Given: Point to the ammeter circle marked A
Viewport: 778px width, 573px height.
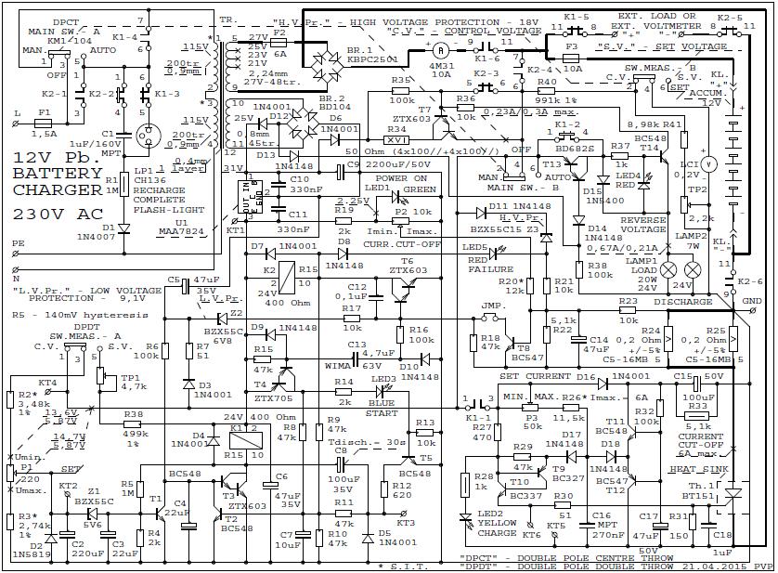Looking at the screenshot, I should click(442, 47).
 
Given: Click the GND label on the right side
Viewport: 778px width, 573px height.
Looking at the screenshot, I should click(751, 302).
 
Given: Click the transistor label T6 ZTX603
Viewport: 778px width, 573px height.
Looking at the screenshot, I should click(406, 265).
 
